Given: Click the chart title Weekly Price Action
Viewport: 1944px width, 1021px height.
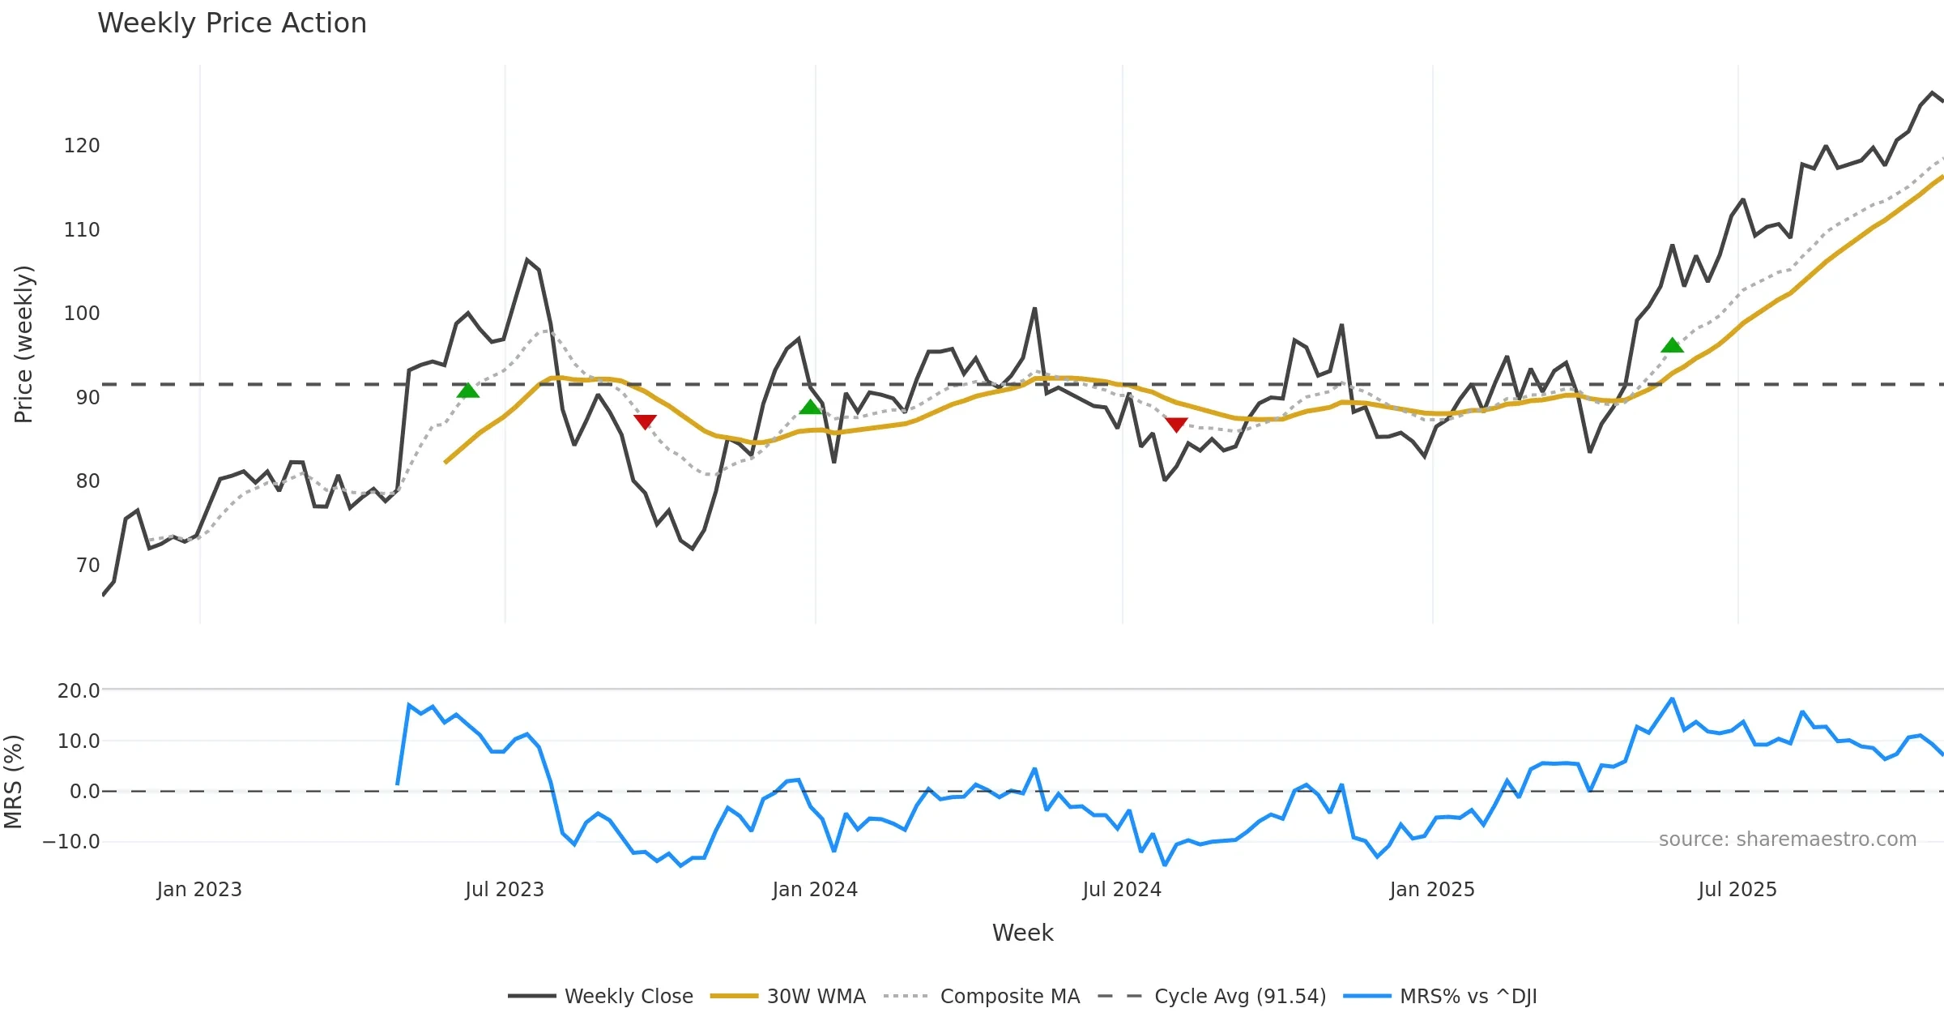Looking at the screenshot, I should [x=232, y=23].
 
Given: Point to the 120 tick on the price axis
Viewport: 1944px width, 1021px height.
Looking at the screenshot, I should [x=82, y=146].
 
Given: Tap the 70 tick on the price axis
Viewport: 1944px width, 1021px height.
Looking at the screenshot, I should [x=87, y=565].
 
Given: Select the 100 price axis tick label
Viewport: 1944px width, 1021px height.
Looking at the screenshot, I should [x=82, y=314].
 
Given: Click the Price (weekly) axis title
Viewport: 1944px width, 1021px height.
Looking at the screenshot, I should [x=24, y=344].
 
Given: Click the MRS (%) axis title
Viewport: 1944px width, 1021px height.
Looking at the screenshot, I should [x=14, y=781].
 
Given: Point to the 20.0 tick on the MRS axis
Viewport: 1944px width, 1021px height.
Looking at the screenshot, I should [x=79, y=691].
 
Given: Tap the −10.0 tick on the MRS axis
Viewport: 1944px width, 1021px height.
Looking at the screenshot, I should [x=71, y=842].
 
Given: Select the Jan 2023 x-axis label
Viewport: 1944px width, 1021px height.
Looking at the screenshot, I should [x=199, y=890].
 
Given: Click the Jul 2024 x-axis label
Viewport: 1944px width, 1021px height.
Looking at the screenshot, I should [x=1122, y=890].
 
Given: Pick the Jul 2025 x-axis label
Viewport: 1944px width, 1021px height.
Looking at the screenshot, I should [x=1737, y=890].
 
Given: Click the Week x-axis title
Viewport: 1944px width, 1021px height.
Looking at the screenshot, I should [x=1022, y=933].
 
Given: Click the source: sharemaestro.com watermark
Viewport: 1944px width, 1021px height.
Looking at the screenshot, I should [x=1787, y=839].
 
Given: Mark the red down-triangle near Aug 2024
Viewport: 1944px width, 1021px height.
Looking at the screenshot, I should [x=1176, y=425].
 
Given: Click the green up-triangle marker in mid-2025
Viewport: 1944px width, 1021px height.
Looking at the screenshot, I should [x=1672, y=346].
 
